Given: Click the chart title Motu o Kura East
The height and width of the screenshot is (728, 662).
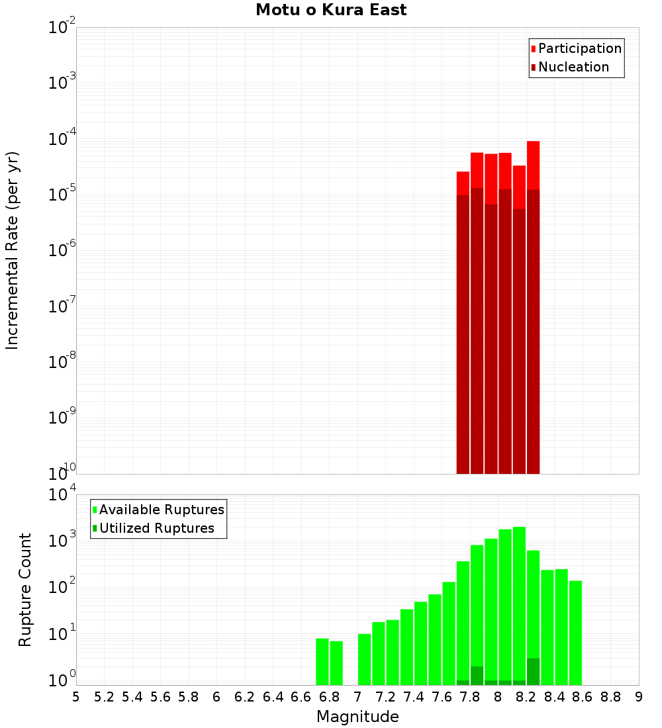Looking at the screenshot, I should (331, 10).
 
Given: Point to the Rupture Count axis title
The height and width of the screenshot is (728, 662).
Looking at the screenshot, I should (25, 589).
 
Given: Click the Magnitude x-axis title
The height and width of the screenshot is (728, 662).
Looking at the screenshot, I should (357, 716).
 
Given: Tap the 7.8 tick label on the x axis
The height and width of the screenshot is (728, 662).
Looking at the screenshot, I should (470, 697).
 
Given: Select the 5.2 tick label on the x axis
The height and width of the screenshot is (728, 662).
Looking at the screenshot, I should (104, 697).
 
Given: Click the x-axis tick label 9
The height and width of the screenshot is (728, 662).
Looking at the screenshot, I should (639, 697).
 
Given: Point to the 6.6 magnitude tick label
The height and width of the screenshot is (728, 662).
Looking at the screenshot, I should (301, 697).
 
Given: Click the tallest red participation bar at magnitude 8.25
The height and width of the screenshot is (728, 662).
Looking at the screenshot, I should (534, 165).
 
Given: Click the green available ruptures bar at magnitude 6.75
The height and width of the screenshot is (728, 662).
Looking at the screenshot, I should (322, 661).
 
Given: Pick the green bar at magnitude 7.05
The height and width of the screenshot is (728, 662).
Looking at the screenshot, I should (364, 659).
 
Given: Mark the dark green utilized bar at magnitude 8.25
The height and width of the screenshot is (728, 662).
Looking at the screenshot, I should (534, 671).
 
